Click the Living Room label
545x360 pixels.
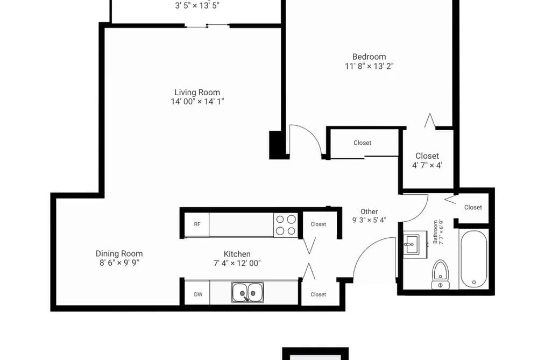(x=197, y=93)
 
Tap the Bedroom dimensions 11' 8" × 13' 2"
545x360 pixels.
(x=369, y=66)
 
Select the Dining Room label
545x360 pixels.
(x=119, y=253)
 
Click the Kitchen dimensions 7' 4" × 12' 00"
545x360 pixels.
(x=237, y=263)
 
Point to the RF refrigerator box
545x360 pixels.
(x=197, y=224)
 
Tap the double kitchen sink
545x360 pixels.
(x=247, y=292)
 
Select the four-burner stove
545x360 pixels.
(x=286, y=225)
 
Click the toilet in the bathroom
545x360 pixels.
(x=441, y=274)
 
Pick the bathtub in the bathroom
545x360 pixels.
(x=473, y=259)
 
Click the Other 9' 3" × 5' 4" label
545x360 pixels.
(x=369, y=216)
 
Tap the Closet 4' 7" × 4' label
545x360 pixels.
(x=427, y=160)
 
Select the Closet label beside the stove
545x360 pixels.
(x=318, y=224)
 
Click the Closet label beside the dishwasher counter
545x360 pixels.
(x=318, y=294)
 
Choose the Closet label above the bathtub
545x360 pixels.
(x=473, y=208)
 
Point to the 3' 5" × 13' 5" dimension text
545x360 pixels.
(x=197, y=5)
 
